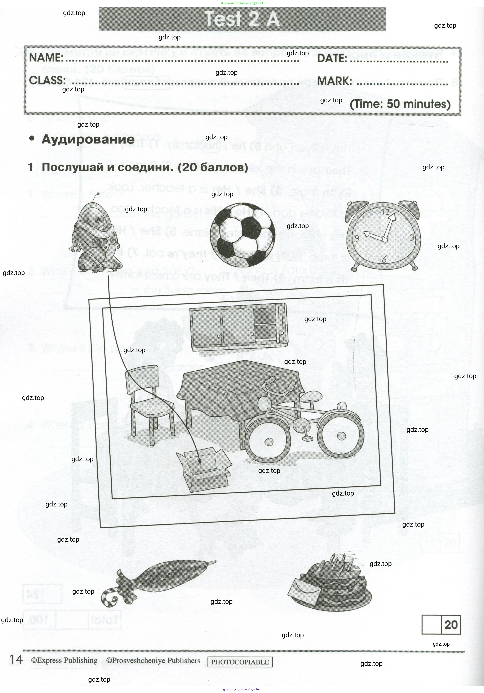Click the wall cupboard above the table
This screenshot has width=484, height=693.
238,327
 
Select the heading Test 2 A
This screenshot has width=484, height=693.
242,19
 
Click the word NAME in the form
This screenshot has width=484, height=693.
46,57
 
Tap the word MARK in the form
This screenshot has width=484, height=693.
334,81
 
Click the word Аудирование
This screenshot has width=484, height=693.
88,139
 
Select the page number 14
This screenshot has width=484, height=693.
16,659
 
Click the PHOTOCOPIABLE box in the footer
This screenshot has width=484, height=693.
240,662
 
